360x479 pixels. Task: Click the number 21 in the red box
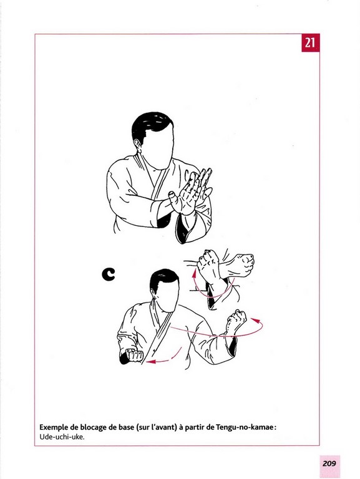click(x=310, y=42)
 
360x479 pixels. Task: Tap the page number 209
click(x=329, y=463)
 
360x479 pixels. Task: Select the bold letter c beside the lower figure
click(x=109, y=274)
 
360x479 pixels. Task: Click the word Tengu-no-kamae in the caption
click(x=245, y=427)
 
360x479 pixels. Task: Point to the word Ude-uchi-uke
click(x=62, y=437)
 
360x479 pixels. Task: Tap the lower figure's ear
click(x=154, y=295)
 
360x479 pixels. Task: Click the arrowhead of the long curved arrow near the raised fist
click(x=256, y=321)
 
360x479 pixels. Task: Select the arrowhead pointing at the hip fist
click(x=151, y=362)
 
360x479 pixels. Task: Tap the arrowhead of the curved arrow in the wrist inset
click(x=194, y=273)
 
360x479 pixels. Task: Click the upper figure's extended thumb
click(x=172, y=195)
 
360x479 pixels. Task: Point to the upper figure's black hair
click(x=151, y=125)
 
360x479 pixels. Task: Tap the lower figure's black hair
click(x=164, y=279)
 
